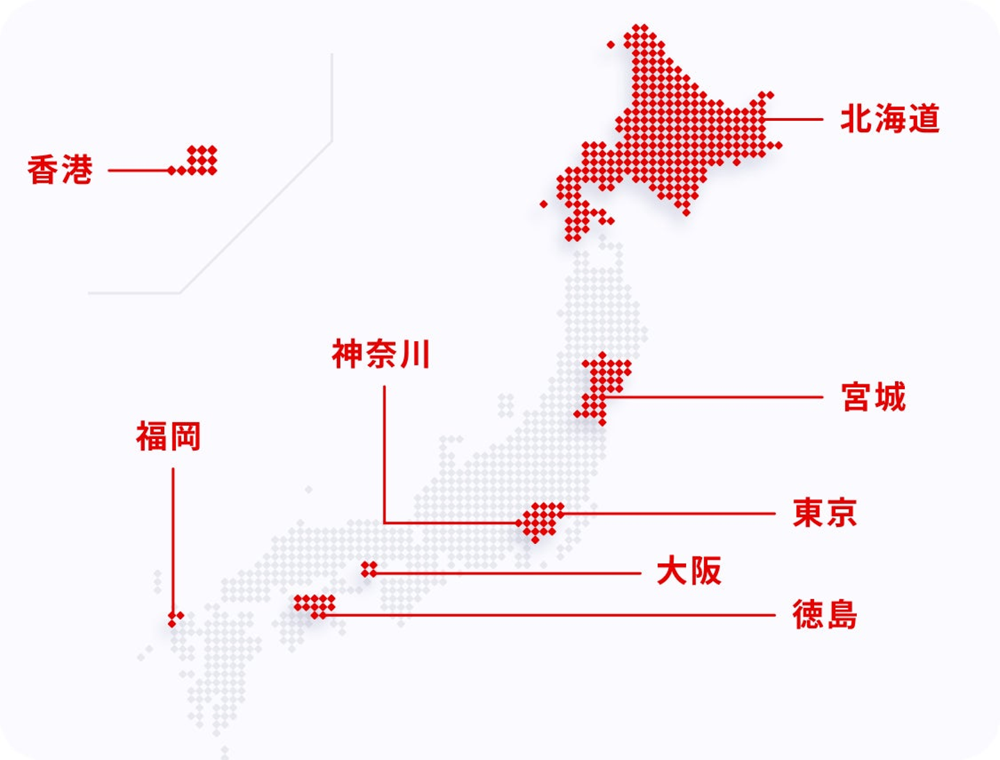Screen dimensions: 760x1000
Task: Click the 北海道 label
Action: [890, 119]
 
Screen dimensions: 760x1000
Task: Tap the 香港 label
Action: [60, 170]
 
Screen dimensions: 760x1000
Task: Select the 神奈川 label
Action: [381, 354]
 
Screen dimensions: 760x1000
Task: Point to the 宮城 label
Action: [873, 397]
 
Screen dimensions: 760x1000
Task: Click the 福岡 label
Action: [168, 437]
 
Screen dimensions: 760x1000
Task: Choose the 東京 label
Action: [824, 513]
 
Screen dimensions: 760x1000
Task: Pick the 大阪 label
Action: [689, 572]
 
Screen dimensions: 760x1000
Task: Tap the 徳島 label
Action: [824, 615]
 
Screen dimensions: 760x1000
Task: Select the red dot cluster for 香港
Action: [200, 160]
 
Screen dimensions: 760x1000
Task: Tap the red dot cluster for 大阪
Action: [369, 570]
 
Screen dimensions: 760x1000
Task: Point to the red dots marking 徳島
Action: [315, 605]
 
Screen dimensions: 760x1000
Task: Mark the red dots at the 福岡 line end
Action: [175, 618]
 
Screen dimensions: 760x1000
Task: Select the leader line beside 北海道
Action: [793, 119]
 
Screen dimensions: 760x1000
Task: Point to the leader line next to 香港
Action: [139, 170]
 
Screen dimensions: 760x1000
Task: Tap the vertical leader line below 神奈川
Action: [384, 452]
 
